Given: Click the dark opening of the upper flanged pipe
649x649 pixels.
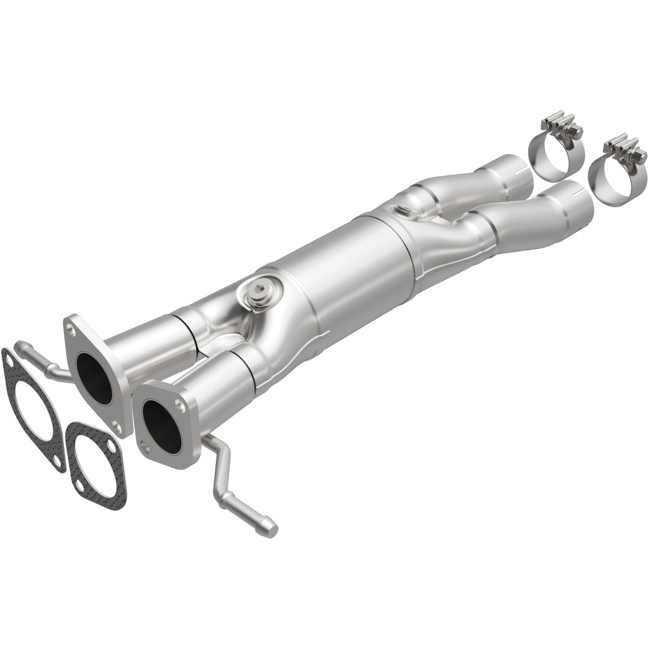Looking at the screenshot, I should click(x=94, y=378).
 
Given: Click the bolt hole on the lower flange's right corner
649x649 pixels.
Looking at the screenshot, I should click(x=186, y=401).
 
